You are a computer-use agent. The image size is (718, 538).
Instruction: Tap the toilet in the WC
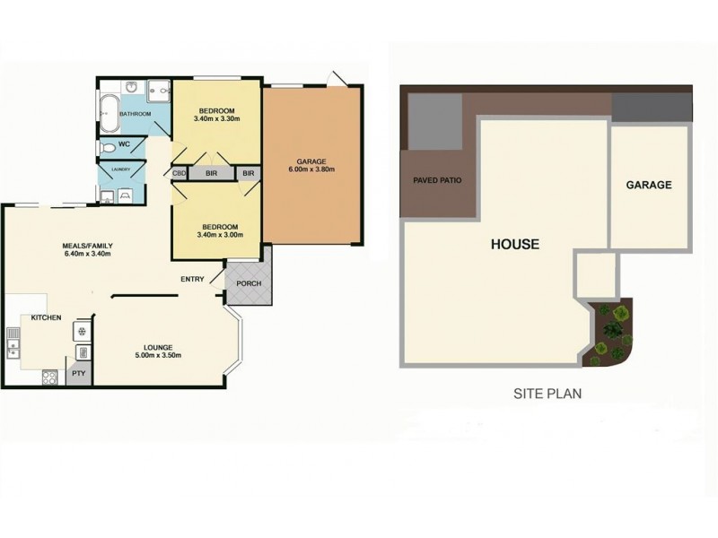(108, 146)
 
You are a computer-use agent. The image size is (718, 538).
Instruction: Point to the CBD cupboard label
(179, 173)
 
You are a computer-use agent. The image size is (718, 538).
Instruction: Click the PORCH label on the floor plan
(248, 283)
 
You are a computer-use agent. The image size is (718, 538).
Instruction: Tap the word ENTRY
(193, 279)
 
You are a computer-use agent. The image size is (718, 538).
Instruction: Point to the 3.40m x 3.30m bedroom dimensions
(216, 117)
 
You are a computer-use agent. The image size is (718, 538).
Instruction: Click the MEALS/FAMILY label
(86, 254)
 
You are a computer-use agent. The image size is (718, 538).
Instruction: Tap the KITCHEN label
(46, 317)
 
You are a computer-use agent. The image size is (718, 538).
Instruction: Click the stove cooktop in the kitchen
(49, 377)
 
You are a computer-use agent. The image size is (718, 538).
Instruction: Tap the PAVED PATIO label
(437, 180)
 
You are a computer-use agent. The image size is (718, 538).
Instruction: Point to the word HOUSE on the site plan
(514, 243)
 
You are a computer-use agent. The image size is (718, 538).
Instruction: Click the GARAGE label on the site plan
(649, 185)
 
